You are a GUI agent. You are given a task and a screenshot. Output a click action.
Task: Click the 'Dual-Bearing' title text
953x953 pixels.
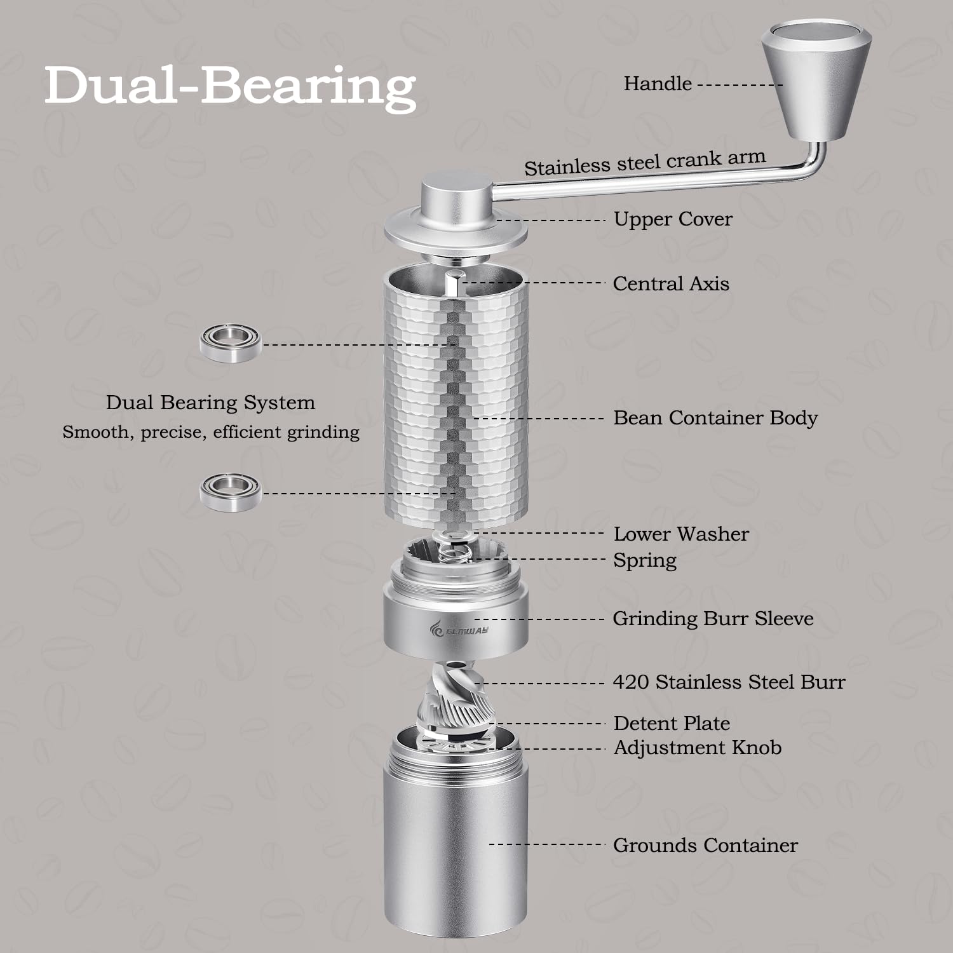click(230, 86)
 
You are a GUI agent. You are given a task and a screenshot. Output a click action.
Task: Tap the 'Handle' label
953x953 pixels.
click(658, 83)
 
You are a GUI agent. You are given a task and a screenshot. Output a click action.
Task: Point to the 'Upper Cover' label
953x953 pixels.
click(673, 219)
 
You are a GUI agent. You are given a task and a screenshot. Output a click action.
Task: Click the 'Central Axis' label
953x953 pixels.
click(671, 283)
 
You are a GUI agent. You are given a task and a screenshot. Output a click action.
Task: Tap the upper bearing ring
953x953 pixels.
click(231, 343)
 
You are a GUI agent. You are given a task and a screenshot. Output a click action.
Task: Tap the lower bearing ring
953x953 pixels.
click(231, 491)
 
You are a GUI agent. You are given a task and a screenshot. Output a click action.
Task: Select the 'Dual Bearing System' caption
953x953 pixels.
click(210, 403)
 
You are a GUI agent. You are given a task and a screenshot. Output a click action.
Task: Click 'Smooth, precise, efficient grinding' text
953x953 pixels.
click(211, 433)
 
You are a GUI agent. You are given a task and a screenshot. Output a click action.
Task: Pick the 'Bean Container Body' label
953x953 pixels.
click(715, 418)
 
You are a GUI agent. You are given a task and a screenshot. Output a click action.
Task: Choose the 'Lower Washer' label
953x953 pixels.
click(681, 534)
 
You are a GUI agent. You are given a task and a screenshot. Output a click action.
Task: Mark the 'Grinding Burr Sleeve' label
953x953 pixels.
click(713, 619)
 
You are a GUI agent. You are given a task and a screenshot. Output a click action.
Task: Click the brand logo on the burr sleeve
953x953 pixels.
click(459, 630)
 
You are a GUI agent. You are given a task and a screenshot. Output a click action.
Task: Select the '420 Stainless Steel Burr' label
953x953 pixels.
click(729, 682)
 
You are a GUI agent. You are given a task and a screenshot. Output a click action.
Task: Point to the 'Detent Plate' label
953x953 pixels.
click(672, 723)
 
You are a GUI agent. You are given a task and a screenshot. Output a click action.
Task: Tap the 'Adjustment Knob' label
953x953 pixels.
click(698, 748)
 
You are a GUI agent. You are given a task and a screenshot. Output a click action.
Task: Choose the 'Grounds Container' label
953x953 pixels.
click(705, 845)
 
